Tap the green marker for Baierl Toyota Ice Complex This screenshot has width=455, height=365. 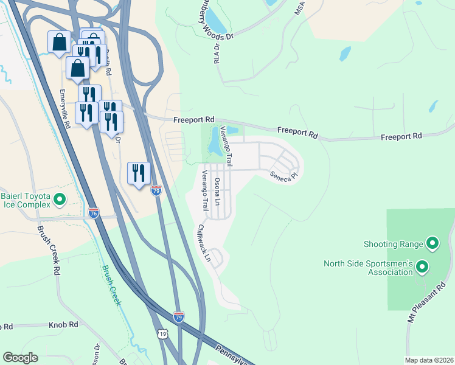point(60,199)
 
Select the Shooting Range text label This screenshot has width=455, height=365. point(393,244)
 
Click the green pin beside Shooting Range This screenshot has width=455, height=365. point(432,244)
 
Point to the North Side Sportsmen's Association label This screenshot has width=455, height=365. point(369,268)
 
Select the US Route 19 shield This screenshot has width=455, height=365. point(162,334)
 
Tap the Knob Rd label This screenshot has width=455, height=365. point(64,325)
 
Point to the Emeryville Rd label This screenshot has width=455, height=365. point(64,109)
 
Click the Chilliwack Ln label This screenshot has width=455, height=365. point(203,243)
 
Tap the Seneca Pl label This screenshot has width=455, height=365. point(285,175)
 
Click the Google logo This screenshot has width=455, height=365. point(20,358)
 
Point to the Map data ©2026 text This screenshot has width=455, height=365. point(429,360)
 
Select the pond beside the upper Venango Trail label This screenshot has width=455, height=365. point(214,144)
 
